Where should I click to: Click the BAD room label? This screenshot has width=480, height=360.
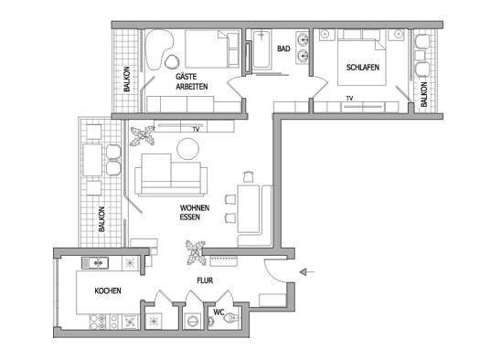click(x=283, y=48)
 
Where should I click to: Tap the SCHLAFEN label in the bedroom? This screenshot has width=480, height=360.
click(x=363, y=68)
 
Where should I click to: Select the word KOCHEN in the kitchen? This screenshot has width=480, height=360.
click(x=108, y=291)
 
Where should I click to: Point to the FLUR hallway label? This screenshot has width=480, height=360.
click(x=205, y=281)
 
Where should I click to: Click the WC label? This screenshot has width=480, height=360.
click(x=219, y=312)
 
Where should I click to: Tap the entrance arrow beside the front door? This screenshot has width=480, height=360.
click(x=307, y=272)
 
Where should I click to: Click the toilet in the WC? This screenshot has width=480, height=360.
click(x=231, y=319)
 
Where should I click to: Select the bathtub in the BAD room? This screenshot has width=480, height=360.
click(x=261, y=48)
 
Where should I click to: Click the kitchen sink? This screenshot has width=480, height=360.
click(x=94, y=263)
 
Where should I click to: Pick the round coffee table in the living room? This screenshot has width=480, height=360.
click(x=188, y=149)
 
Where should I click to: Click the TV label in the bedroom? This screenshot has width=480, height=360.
click(x=349, y=99)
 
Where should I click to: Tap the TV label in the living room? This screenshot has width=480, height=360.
click(x=197, y=130)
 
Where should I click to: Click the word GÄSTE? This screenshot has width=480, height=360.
click(x=187, y=77)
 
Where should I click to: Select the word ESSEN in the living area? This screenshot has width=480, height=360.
click(x=190, y=217)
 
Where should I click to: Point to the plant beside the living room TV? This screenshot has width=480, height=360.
click(x=143, y=135)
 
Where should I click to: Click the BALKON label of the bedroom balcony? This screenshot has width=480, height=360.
click(x=424, y=94)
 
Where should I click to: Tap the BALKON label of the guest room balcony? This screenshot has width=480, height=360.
click(x=127, y=79)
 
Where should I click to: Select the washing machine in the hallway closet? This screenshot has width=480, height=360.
click(x=193, y=321)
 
